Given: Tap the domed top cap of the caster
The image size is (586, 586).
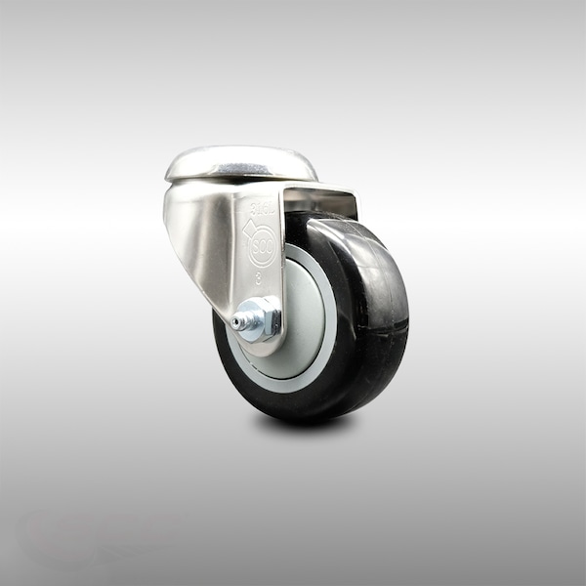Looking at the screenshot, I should [x=240, y=161].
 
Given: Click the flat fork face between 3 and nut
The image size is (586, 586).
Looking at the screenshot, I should [x=260, y=296].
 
